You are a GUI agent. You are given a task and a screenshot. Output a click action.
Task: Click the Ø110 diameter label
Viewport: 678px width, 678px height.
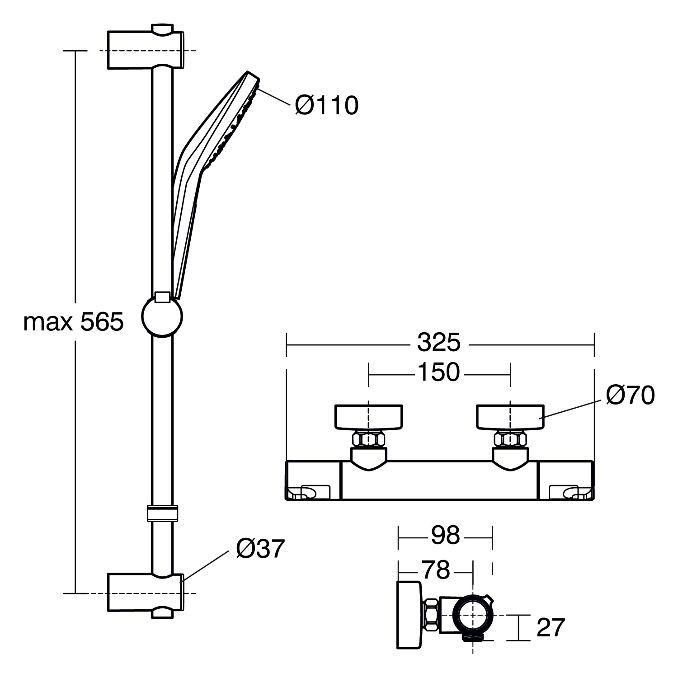coord(326,106)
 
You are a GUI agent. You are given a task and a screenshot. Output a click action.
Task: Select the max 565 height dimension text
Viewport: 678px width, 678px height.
coord(73,322)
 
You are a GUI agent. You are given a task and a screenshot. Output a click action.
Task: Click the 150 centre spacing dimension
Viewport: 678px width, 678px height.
coord(438,372)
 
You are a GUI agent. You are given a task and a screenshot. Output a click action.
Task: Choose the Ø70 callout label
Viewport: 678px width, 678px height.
coord(630,396)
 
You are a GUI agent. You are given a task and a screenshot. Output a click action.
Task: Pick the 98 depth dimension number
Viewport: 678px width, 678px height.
coord(445,535)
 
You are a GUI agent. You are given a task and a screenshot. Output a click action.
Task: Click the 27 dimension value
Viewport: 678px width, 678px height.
coord(551,627)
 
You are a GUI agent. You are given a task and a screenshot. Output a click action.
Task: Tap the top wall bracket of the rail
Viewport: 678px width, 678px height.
coord(145,50)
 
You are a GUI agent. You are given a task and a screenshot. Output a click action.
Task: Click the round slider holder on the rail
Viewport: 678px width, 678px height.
coord(162,316)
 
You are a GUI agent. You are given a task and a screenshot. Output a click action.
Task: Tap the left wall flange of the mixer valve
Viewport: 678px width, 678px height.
coord(368,416)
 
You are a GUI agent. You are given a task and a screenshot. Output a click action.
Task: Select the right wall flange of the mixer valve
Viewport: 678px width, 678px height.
coord(510,416)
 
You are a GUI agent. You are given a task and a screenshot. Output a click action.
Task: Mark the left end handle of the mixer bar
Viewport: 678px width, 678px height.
coord(314,480)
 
